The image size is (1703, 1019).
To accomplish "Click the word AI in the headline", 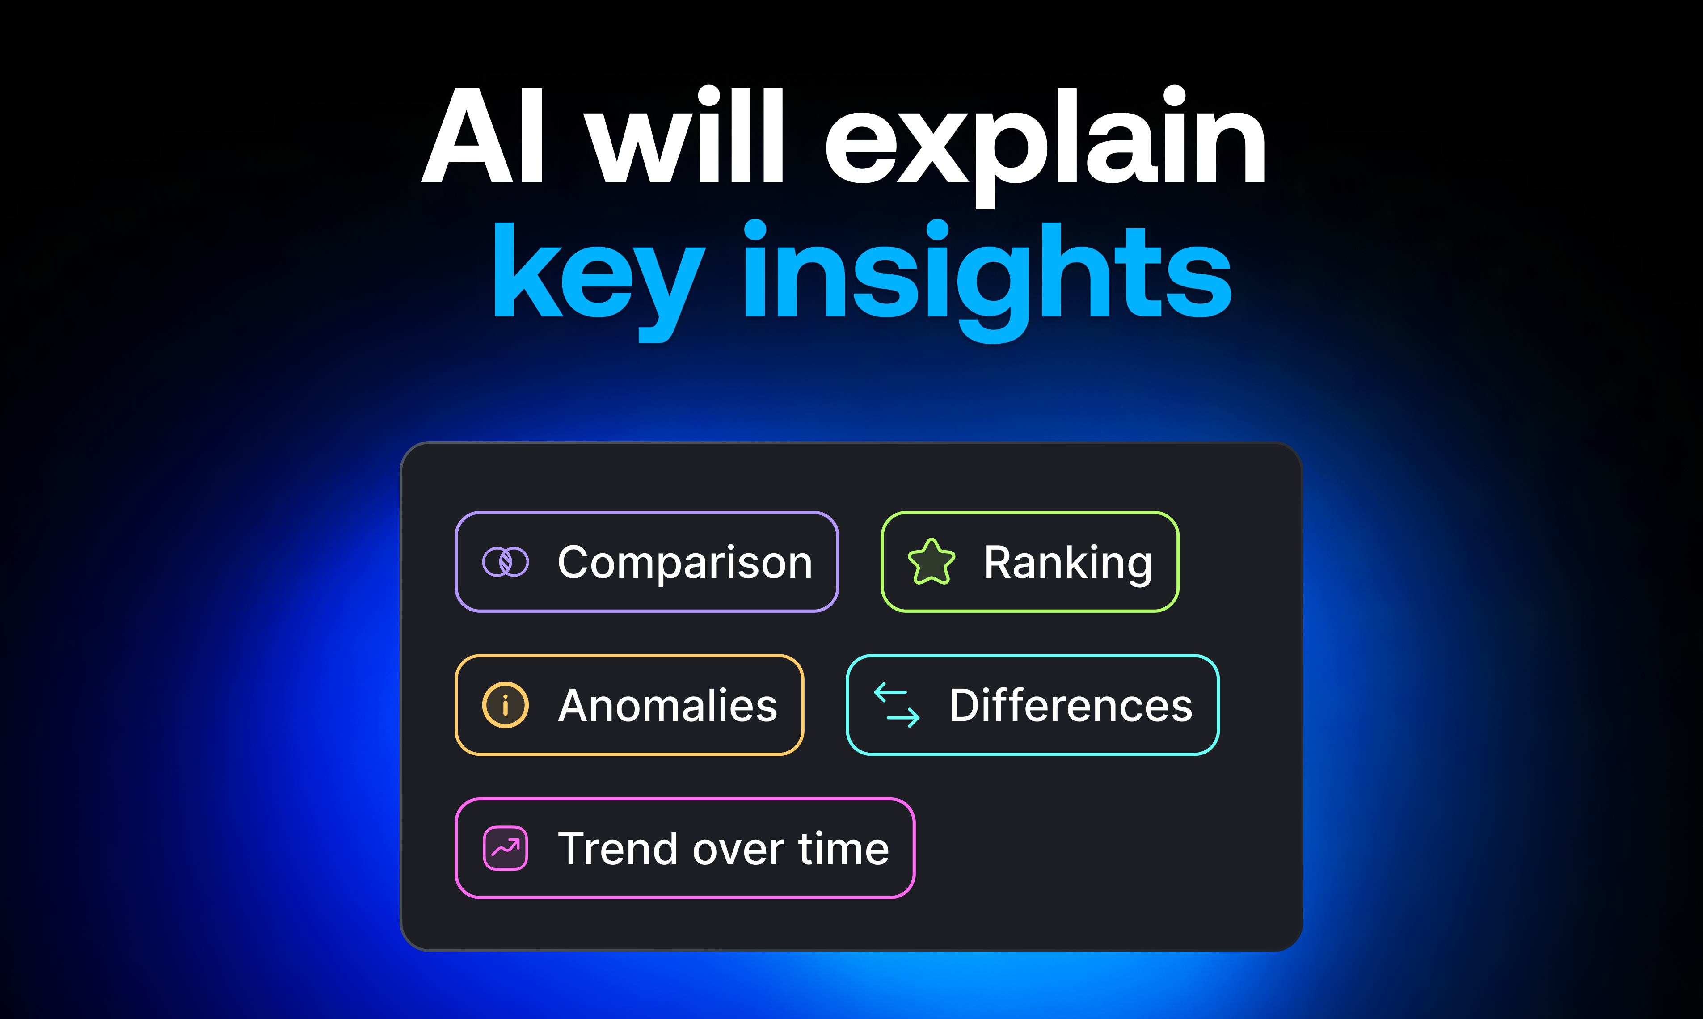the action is point(483,135).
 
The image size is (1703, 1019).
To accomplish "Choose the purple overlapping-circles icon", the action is point(506,562).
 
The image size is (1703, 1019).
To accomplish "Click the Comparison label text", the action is point(685,564).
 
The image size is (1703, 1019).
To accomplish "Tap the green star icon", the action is point(931,562).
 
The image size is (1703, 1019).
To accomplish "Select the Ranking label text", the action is point(1068,564).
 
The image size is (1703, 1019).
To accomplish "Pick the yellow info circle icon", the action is point(506,705).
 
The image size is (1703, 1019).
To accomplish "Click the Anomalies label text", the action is point(667,705).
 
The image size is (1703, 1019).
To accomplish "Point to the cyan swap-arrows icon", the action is point(897,705).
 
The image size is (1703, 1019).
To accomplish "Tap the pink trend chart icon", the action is point(506,848).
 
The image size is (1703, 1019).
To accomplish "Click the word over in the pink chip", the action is point(739,853).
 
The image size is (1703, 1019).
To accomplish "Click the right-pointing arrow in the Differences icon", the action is point(903,718).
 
